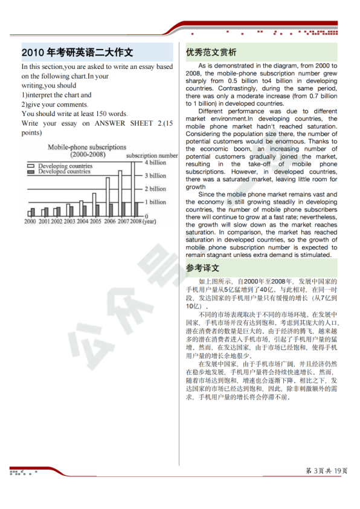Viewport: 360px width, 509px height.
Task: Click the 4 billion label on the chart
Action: (x=155, y=163)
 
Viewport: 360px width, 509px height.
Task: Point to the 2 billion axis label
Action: (x=155, y=189)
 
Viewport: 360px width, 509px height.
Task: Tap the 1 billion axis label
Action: (x=155, y=202)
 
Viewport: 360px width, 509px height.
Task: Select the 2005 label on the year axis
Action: (x=95, y=221)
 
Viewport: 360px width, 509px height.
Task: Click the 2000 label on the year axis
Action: (x=30, y=221)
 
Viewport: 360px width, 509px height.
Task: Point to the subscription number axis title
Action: (x=152, y=155)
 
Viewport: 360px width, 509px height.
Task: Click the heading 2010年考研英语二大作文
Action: (x=77, y=53)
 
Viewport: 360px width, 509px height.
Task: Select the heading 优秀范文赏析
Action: (x=211, y=53)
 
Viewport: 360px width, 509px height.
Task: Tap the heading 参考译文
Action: (x=202, y=268)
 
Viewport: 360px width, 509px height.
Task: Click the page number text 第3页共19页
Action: (x=327, y=471)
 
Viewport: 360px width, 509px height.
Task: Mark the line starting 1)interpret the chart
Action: (x=56, y=95)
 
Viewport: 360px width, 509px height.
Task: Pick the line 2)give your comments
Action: (x=55, y=104)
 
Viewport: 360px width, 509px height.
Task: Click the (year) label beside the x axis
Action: (x=149, y=221)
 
